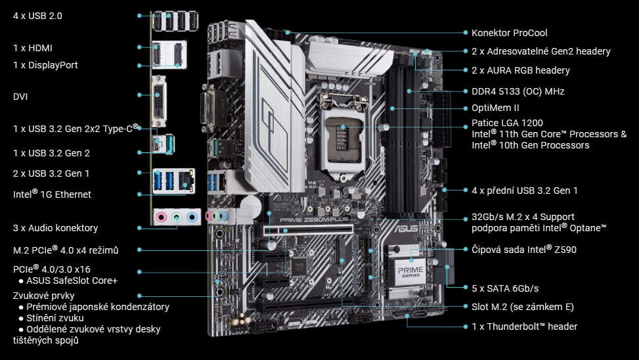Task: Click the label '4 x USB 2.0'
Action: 37,15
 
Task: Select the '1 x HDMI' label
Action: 33,48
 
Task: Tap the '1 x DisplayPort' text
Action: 45,65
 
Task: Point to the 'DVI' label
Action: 20,97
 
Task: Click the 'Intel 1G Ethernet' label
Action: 52,194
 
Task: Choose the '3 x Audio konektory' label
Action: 55,228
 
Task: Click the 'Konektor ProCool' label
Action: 509,32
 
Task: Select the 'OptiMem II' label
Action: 495,108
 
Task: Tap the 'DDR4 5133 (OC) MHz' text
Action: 518,91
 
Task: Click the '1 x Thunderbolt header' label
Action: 525,326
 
